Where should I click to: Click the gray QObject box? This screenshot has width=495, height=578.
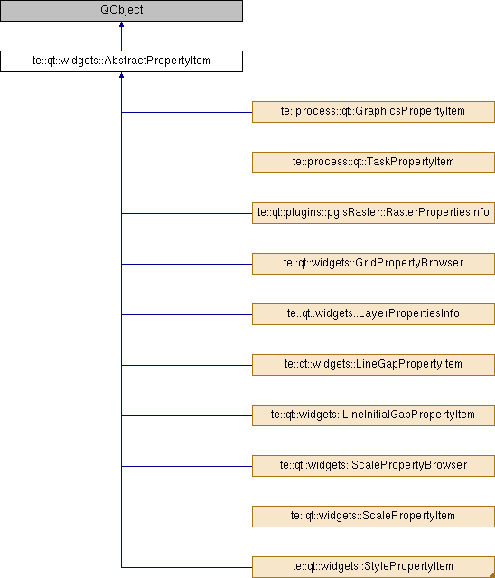tap(121, 11)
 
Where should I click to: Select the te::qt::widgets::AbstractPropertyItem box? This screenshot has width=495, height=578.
tap(121, 61)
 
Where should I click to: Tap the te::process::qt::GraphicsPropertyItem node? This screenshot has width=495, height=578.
tap(373, 112)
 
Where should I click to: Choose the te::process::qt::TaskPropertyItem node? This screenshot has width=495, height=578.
tap(373, 163)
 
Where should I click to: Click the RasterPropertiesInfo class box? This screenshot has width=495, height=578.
tap(373, 213)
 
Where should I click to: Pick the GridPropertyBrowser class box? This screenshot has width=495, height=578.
tap(373, 264)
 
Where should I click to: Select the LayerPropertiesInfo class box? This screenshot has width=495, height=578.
tap(373, 314)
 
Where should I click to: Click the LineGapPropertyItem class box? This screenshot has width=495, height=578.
tap(373, 365)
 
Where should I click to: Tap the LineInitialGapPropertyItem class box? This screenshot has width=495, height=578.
tap(373, 415)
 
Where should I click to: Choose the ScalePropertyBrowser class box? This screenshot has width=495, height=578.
tap(373, 466)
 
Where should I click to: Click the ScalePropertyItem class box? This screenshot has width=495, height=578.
tap(373, 516)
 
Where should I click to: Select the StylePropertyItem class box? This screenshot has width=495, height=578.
tap(373, 567)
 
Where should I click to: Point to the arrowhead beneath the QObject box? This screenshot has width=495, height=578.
tap(121, 24)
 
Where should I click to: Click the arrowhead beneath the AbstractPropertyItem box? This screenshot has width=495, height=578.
tap(121, 75)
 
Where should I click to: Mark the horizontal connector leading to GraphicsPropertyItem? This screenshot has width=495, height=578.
tap(187, 112)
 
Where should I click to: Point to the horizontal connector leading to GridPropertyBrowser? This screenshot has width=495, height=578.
tap(187, 264)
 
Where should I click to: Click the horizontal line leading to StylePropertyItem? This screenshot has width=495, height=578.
tap(187, 567)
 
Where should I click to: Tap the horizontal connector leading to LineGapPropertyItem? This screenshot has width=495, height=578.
tap(187, 365)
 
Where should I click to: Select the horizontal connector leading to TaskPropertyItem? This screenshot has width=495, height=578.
tap(187, 163)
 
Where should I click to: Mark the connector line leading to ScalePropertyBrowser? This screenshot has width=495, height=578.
tap(187, 466)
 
